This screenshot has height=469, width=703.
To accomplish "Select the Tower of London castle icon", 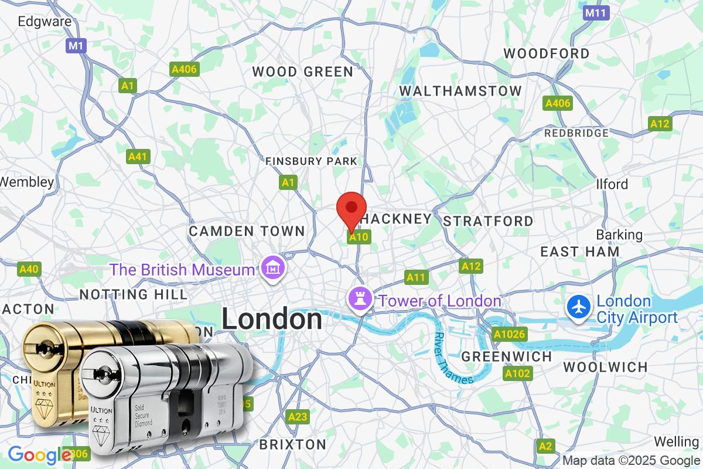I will point(360,299).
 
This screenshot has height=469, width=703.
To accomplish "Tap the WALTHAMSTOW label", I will point(460,91).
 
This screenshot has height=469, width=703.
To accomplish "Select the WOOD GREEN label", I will point(302,72).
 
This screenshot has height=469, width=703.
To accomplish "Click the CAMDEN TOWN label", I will point(247,232).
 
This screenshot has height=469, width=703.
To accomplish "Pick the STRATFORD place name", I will point(488,221).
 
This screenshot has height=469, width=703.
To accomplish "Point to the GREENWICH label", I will point(507,356).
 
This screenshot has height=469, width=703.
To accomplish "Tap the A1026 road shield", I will point(509,335).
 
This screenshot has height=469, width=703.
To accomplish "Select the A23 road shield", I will point(298,417).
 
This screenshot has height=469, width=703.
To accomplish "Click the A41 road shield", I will point(138,157).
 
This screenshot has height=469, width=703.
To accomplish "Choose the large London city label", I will point(272,320).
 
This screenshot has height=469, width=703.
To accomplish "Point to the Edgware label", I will point(45,22).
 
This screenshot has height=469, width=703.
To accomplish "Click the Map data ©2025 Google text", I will point(631,460).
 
